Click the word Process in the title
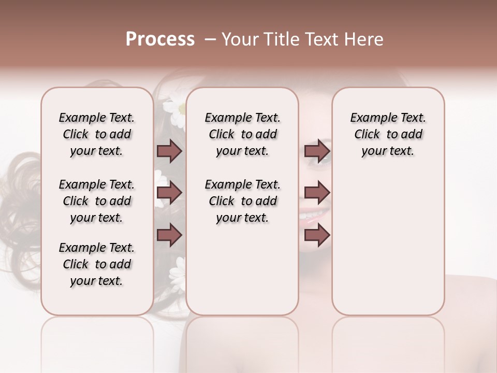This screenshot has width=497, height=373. point(160,39)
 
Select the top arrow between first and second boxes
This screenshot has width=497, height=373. point(169,151)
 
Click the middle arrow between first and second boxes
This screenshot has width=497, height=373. point(169,193)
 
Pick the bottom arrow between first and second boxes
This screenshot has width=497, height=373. point(169,235)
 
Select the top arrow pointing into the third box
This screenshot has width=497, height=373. point(317,151)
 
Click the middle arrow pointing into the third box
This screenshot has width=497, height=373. point(317,193)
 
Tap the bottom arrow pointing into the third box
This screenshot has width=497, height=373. point(317,235)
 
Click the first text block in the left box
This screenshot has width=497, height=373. point(97,134)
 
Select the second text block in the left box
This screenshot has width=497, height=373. point(97,201)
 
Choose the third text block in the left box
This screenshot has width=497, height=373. point(97,264)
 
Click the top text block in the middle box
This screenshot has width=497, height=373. point(242,134)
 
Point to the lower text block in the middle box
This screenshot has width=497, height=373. point(242,201)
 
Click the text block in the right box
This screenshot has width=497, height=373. point(388,134)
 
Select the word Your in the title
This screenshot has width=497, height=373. point(240,39)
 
